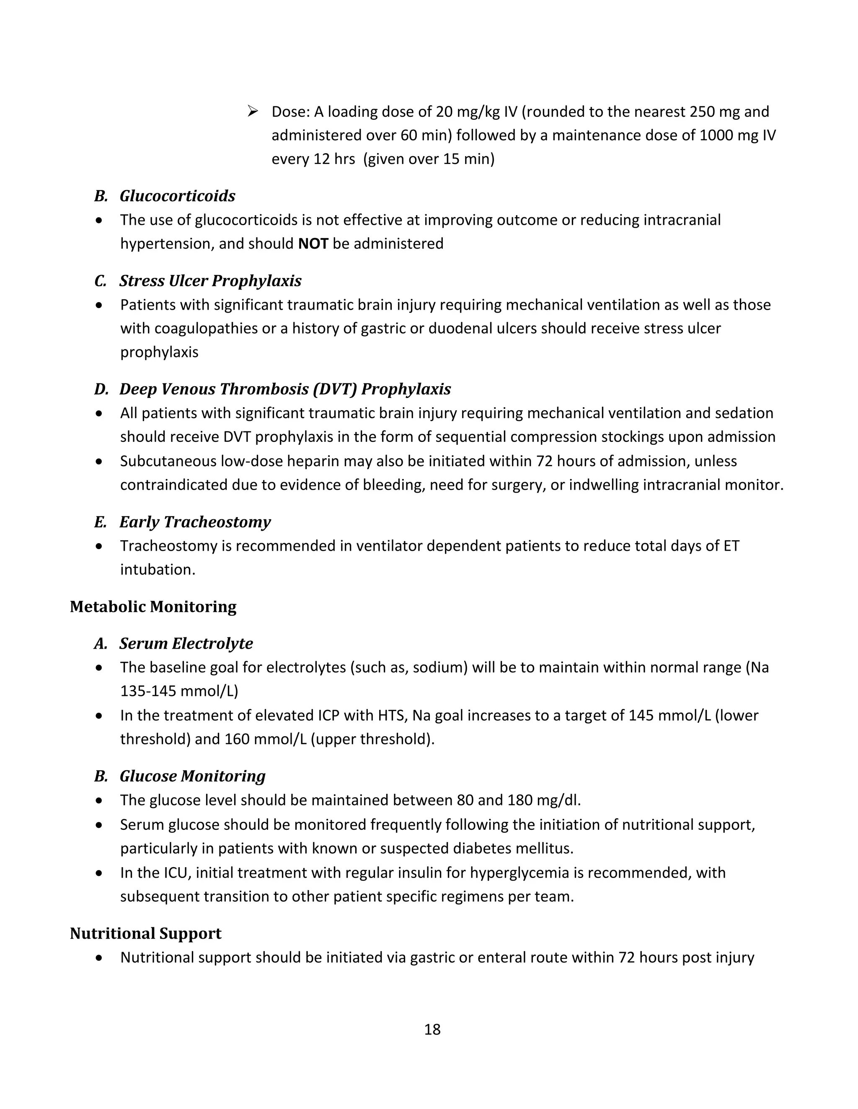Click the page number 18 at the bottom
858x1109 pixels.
[x=432, y=1030]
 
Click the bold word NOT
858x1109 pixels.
[x=313, y=244]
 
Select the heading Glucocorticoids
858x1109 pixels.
[x=177, y=196]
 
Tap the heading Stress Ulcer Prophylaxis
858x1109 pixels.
[x=210, y=281]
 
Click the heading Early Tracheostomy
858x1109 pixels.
[x=195, y=522]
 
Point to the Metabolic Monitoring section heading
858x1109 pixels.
[x=153, y=607]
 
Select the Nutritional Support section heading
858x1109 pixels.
[x=145, y=934]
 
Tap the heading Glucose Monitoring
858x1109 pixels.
[x=193, y=776]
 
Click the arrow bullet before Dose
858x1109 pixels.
[x=253, y=111]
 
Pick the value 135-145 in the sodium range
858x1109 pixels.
[x=148, y=691]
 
